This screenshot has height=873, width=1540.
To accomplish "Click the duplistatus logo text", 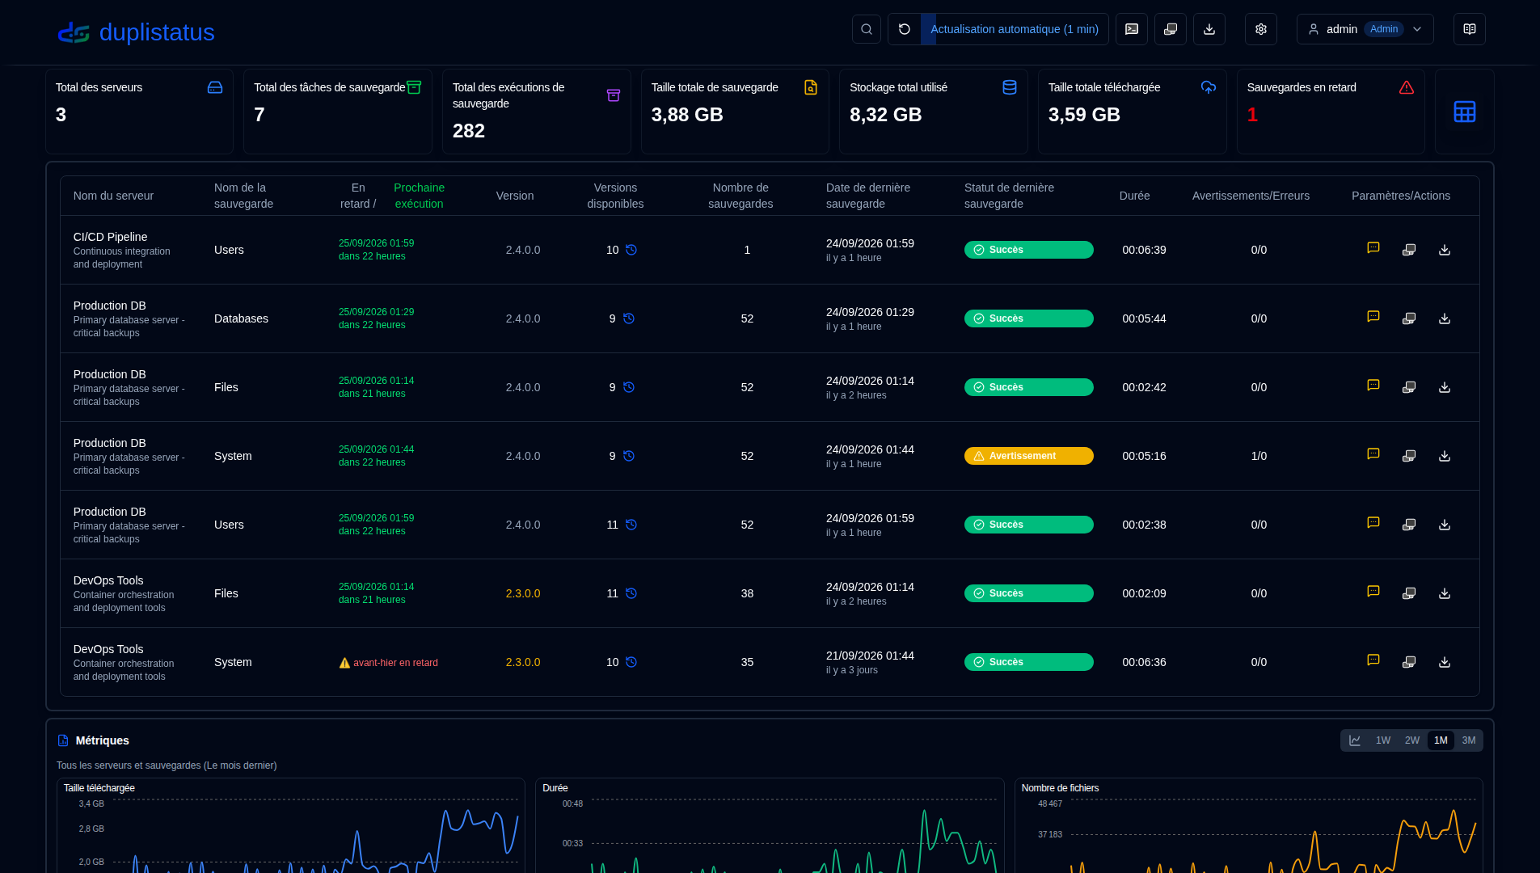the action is click(x=156, y=32).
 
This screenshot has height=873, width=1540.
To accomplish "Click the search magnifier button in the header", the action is click(x=867, y=29).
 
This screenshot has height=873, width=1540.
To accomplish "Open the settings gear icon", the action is click(x=1261, y=29).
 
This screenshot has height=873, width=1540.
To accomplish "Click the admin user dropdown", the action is click(x=1365, y=29).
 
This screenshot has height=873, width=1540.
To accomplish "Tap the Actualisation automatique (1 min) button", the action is click(x=1014, y=29).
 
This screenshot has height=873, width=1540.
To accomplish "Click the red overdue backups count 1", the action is click(x=1252, y=115).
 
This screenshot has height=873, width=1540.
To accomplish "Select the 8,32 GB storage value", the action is click(x=885, y=115).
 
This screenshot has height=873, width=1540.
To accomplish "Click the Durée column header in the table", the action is click(x=1134, y=196).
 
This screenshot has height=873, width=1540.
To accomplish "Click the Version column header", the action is click(x=515, y=196).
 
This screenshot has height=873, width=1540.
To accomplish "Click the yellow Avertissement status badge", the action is click(x=1028, y=456).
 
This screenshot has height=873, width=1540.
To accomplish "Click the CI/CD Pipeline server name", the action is click(x=110, y=237).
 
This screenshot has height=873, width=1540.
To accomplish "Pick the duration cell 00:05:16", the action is click(x=1144, y=456).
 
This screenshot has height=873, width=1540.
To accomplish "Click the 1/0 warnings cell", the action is click(x=1259, y=456).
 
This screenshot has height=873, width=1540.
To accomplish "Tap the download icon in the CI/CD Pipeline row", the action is click(x=1445, y=250).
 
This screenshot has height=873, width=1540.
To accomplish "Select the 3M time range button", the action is click(x=1469, y=740).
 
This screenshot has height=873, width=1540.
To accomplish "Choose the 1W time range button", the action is click(x=1383, y=740).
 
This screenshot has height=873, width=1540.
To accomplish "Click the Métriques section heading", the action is click(x=102, y=740).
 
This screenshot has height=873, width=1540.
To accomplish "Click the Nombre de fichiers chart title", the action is click(x=1060, y=788).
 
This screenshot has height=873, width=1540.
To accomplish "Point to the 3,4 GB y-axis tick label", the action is click(x=91, y=804).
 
